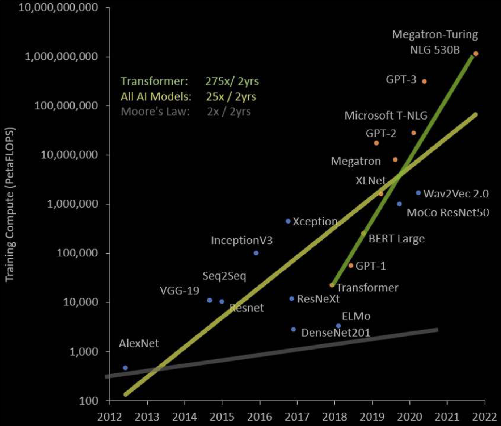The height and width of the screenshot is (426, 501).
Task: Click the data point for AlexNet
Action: [125, 368]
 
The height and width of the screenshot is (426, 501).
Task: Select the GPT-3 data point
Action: [424, 82]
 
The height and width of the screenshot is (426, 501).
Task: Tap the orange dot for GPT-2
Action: [376, 143]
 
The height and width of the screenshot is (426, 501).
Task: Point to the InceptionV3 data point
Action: [256, 253]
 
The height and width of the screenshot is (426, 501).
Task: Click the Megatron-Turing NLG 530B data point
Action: [476, 54]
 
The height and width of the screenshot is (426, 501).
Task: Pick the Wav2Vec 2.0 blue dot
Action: [418, 193]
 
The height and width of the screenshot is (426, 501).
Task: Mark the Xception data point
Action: [288, 221]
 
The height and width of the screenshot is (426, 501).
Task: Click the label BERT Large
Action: [396, 239]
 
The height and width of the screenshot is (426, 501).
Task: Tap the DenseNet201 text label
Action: [336, 333]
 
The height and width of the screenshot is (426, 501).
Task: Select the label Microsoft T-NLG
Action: [386, 116]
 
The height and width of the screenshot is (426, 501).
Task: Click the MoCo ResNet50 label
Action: [448, 212]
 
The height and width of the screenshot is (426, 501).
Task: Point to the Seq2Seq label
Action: [224, 276]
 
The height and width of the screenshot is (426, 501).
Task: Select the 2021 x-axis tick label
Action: [447, 417]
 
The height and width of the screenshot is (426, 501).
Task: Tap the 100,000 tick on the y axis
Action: [77, 253]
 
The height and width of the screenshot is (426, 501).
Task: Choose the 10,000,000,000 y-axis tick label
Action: [58, 8]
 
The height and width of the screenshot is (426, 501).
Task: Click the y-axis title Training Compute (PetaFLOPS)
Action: [10, 204]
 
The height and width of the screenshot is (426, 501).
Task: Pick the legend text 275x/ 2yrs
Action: [232, 81]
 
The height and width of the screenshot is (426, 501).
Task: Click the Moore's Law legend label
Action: [155, 111]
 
